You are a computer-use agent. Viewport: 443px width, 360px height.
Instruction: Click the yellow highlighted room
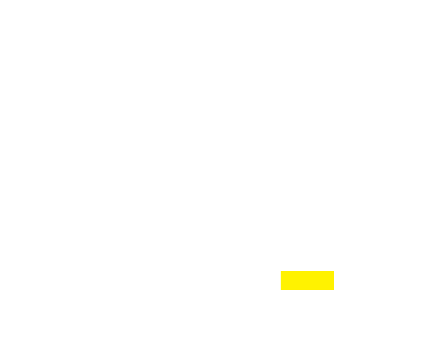point(307,280)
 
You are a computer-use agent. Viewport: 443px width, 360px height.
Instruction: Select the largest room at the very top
point(216,37)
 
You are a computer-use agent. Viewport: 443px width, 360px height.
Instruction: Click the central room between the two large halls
point(216,217)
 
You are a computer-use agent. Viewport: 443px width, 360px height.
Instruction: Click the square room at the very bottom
point(216,333)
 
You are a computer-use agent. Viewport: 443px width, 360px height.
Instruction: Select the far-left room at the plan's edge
point(31,218)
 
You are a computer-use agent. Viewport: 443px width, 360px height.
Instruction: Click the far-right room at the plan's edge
point(405,218)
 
